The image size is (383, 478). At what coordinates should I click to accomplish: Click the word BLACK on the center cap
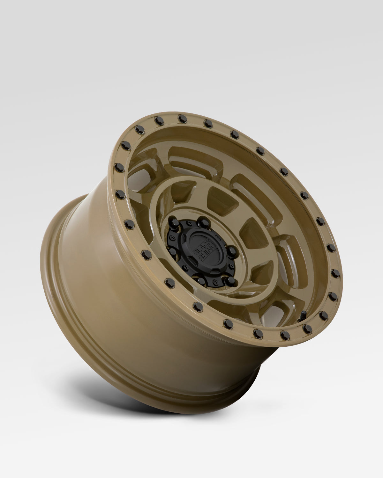tap(195, 248)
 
